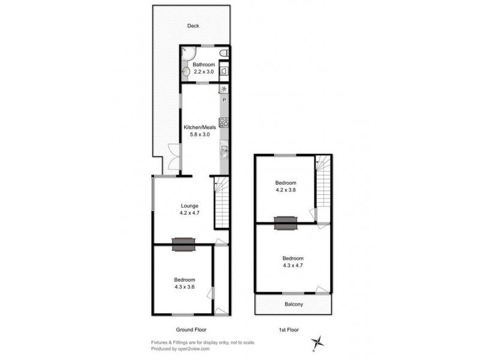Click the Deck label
click(193, 26)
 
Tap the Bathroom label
click(203, 65)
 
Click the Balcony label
click(293, 304)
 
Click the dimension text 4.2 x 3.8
click(285, 190)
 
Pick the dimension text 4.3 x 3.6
click(184, 287)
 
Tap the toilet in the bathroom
click(224, 54)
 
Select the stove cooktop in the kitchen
click(224, 122)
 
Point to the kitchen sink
click(224, 149)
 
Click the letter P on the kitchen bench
click(224, 100)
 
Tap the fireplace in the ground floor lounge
click(183, 244)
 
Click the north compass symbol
click(319, 343)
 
